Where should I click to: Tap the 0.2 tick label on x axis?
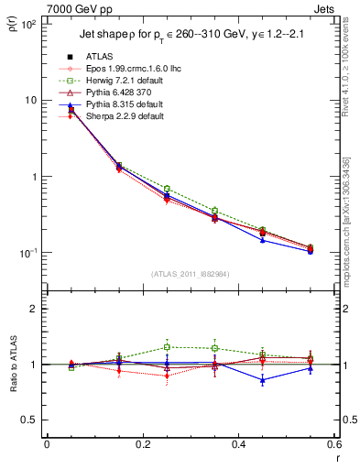pyautogui.click(x=142, y=445)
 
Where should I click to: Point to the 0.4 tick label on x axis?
pyautogui.click(x=238, y=445)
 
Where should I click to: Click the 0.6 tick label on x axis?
pyautogui.click(x=332, y=445)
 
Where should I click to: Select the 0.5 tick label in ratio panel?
pyautogui.click(x=29, y=420)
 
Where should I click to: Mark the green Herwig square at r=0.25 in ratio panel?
pyautogui.click(x=167, y=347)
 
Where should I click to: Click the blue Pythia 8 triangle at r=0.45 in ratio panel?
pyautogui.click(x=263, y=379)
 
